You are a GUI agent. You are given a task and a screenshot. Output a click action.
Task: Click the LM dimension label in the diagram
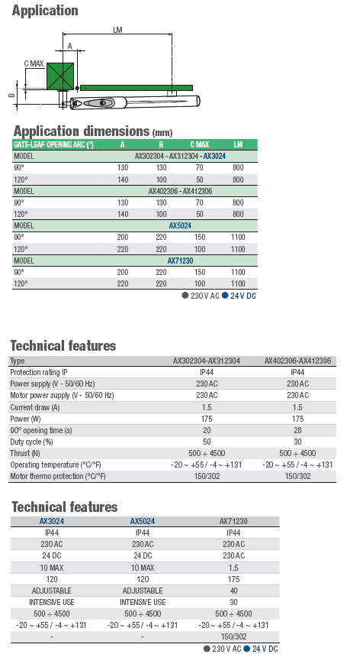point(117,30)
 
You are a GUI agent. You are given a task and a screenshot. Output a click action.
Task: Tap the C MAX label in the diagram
point(34,63)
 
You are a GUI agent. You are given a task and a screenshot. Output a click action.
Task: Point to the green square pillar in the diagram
point(60,76)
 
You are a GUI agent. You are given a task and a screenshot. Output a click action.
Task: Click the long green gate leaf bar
point(137,88)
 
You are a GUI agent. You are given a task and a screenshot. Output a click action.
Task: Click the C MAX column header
point(199,144)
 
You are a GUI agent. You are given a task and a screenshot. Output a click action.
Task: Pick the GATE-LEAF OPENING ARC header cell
point(53,144)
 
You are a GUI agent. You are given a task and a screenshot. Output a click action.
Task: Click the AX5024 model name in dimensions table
point(180,225)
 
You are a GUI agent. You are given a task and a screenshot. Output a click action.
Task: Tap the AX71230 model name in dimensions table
point(180,261)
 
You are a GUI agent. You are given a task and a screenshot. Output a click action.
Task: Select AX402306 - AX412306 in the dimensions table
point(180,191)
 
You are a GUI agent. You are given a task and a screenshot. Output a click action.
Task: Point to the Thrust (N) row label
point(25,453)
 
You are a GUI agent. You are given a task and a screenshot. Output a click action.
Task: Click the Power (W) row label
point(25,419)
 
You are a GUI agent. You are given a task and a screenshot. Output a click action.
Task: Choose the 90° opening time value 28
point(297,430)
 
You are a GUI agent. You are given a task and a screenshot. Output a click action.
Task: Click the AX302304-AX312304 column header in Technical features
point(207,361)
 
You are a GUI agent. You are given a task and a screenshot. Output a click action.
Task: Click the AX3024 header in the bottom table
point(52,521)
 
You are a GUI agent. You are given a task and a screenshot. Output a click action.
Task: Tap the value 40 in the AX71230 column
point(233,591)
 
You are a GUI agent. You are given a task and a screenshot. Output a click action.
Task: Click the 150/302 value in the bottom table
point(233,637)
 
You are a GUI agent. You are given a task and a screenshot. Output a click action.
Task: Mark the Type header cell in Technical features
point(17,361)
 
